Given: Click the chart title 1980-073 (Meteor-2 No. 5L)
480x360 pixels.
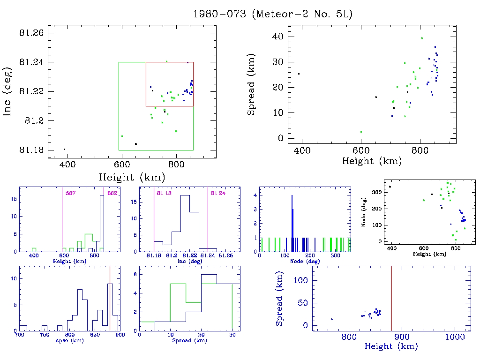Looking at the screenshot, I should [x=272, y=14].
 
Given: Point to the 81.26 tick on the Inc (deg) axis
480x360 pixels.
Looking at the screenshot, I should [x=31, y=33].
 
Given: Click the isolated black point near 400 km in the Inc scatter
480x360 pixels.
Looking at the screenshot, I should [x=64, y=149].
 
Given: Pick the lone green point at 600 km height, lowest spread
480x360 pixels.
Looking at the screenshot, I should [x=361, y=132].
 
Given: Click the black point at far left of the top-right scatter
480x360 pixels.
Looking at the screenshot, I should [x=299, y=74].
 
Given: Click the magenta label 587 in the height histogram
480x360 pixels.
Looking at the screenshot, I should [x=71, y=193].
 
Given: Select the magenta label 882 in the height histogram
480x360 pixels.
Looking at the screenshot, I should [x=112, y=193].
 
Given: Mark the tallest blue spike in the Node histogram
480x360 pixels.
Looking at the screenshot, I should [x=292, y=223].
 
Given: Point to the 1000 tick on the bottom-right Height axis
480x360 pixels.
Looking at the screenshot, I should [x=454, y=337].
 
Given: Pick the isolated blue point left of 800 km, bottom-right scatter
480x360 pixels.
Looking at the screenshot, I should [x=332, y=319].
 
